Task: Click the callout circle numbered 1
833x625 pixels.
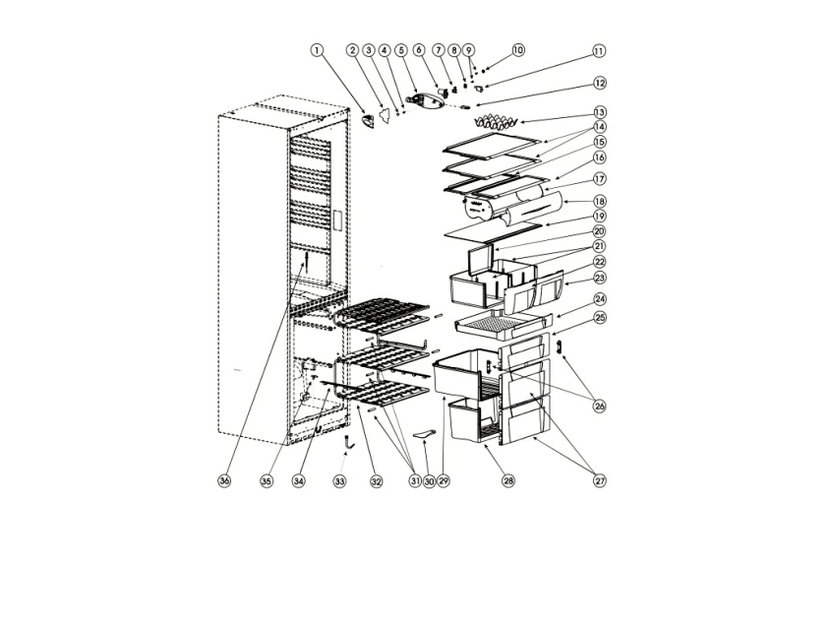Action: [317, 50]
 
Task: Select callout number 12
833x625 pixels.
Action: [599, 84]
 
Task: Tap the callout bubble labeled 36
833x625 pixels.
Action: [224, 481]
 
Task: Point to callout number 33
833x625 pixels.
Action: [339, 481]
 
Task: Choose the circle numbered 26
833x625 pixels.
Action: [599, 406]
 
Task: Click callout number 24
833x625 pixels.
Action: [599, 299]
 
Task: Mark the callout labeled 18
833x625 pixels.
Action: [599, 202]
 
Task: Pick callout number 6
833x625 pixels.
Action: [419, 50]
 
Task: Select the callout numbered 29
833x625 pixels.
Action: [444, 481]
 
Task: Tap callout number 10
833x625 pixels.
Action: [518, 50]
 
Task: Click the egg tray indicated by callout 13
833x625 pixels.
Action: [495, 122]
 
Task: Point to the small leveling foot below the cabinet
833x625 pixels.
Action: [348, 441]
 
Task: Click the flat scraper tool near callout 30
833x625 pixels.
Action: [425, 435]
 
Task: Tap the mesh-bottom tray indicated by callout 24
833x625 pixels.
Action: [502, 324]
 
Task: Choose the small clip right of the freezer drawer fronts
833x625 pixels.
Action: [559, 347]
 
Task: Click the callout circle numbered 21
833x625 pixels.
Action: [599, 247]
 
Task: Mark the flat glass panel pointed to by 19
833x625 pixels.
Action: [493, 233]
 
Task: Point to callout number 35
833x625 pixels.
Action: [267, 481]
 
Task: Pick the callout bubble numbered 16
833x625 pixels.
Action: [599, 157]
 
